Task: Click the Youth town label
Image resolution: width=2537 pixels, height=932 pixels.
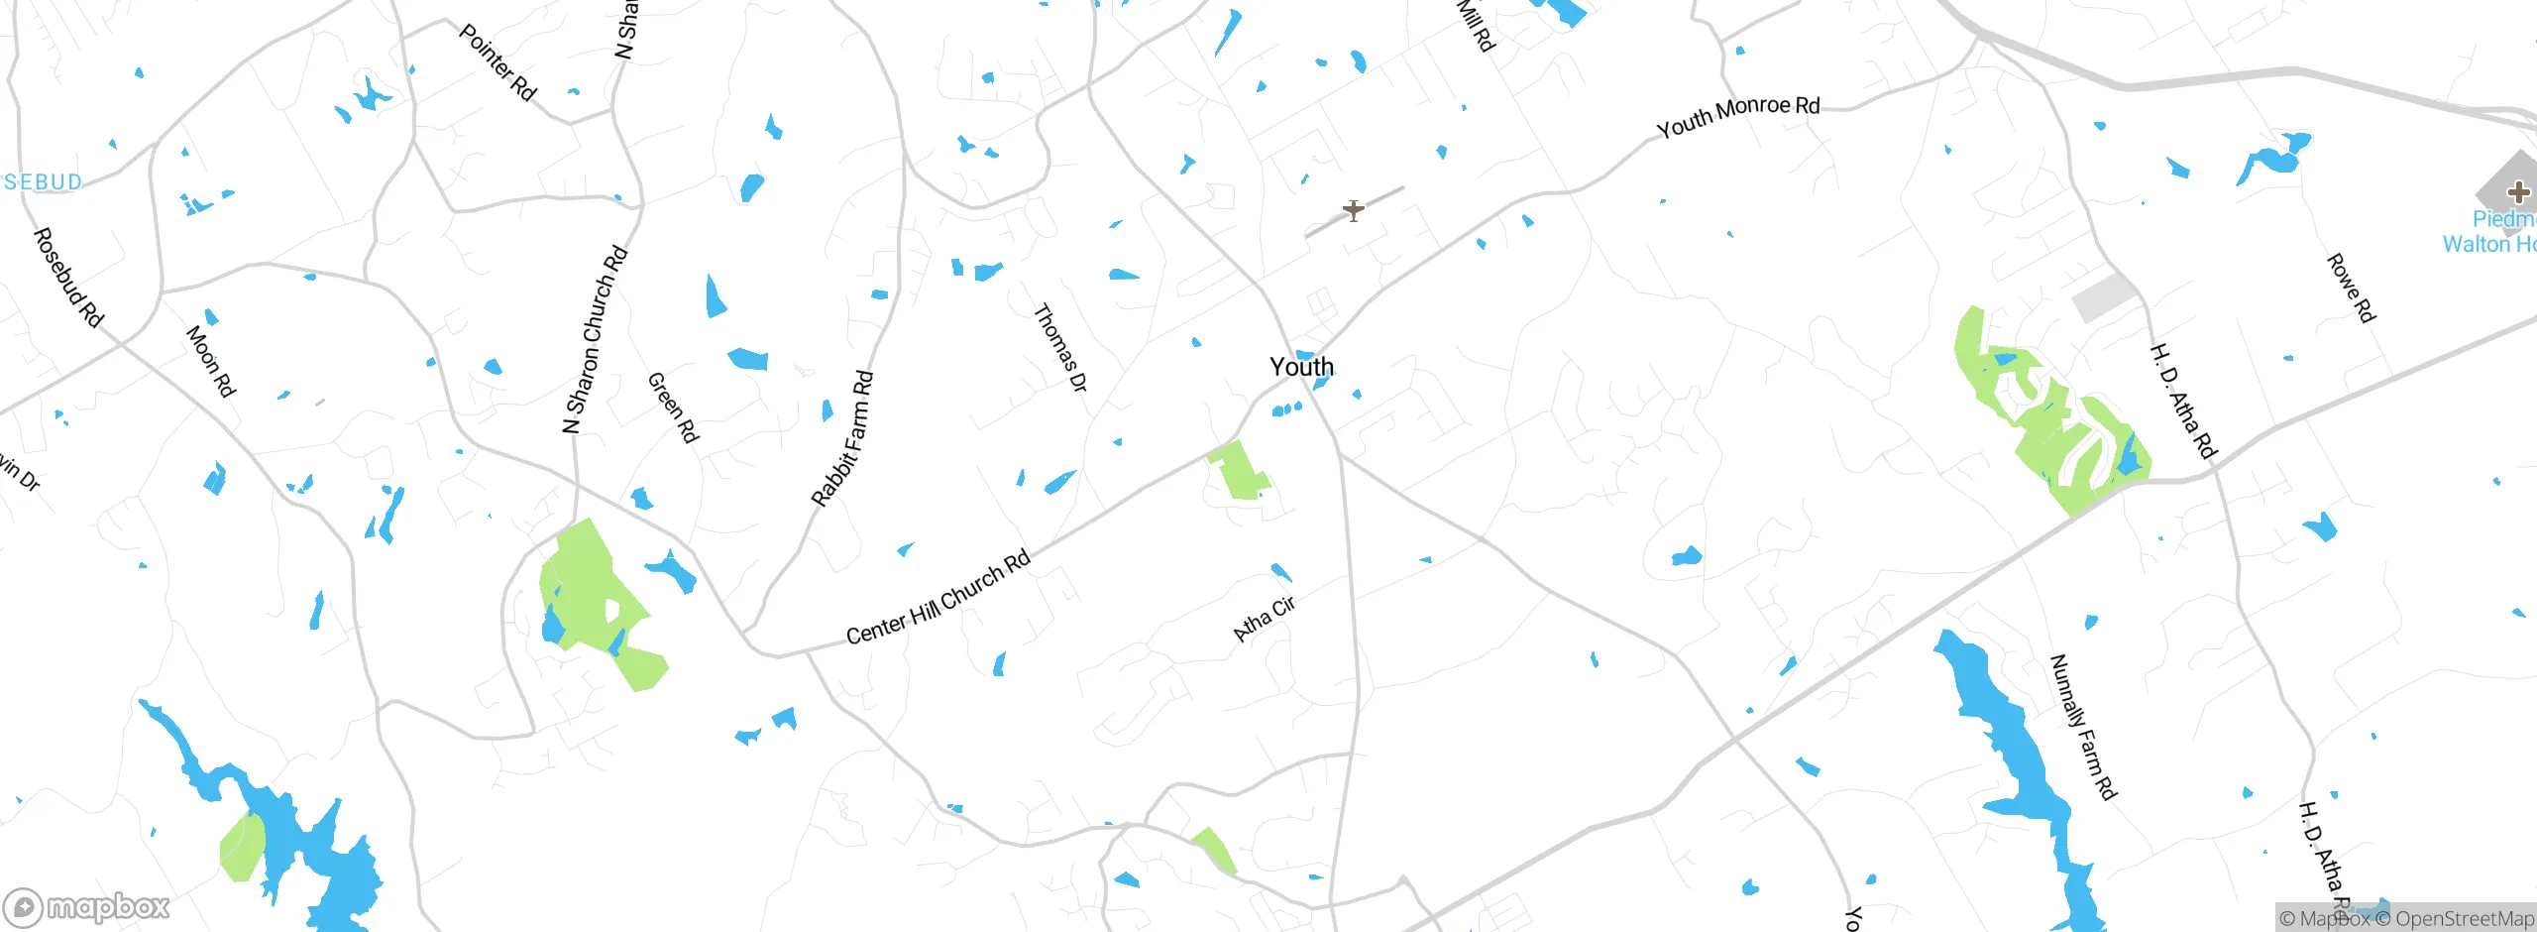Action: click(x=1301, y=367)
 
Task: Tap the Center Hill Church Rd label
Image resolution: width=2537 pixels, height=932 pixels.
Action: click(x=938, y=598)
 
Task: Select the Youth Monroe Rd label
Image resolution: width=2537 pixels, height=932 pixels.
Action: click(x=1738, y=116)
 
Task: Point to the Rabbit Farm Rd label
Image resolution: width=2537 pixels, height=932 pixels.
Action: click(x=842, y=438)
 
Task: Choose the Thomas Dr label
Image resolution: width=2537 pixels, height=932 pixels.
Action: click(x=1059, y=348)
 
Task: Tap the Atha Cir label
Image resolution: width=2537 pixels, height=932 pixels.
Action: click(x=1265, y=620)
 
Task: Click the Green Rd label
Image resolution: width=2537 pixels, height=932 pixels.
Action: click(x=674, y=408)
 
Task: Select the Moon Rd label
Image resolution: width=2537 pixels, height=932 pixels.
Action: click(x=211, y=362)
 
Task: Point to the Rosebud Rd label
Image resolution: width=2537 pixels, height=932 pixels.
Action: click(x=68, y=278)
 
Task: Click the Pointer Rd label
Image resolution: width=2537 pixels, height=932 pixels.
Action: click(x=497, y=62)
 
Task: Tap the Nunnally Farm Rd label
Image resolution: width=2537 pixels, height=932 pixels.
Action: click(x=2082, y=727)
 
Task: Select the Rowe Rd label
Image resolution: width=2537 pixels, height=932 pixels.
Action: click(x=2351, y=288)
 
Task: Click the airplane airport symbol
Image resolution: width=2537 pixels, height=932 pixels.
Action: click(x=1354, y=210)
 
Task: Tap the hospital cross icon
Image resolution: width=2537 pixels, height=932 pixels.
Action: click(x=2518, y=191)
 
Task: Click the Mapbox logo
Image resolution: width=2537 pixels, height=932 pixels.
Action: click(x=87, y=906)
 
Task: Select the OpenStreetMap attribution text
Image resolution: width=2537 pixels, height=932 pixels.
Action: click(x=2464, y=919)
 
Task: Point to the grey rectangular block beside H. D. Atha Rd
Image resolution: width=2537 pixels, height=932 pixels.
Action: click(x=2105, y=296)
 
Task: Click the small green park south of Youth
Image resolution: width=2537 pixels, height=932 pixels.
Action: click(x=1239, y=471)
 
